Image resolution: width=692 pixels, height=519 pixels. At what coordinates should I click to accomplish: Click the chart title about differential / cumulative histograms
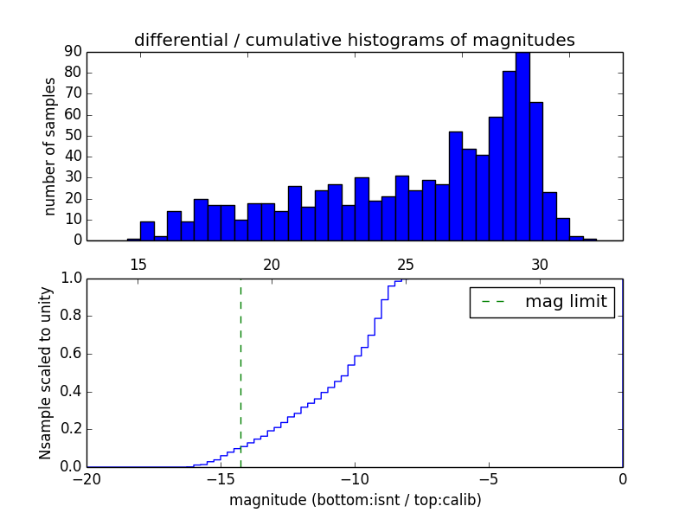[354, 40]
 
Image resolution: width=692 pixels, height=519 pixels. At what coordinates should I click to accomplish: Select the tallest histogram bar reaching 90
[522, 147]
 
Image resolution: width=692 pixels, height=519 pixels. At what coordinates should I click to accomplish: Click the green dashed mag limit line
[240, 372]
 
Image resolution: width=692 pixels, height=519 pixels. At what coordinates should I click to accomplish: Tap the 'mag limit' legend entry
[541, 302]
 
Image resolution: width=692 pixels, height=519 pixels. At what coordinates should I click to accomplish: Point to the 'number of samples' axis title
[50, 146]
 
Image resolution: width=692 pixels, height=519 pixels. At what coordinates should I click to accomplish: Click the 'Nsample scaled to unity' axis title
[45, 372]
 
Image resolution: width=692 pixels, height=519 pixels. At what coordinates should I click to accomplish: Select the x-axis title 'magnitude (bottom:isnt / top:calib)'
[355, 500]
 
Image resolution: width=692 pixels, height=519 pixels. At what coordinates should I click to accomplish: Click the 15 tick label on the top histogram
[138, 264]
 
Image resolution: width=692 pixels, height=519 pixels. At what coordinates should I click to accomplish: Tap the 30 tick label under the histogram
[540, 264]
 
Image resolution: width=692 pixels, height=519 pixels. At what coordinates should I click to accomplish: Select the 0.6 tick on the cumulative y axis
[69, 354]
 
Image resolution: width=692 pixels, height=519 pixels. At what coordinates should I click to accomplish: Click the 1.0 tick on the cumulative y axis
[69, 279]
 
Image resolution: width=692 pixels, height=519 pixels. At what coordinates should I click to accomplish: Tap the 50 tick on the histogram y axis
[71, 136]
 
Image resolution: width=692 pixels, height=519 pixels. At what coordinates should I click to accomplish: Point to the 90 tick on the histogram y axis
[71, 52]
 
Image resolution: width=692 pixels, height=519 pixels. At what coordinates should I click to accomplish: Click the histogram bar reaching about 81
[509, 156]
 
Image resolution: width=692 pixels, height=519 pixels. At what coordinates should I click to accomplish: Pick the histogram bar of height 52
[455, 186]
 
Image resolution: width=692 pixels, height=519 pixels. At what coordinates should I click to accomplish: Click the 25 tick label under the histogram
[406, 264]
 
